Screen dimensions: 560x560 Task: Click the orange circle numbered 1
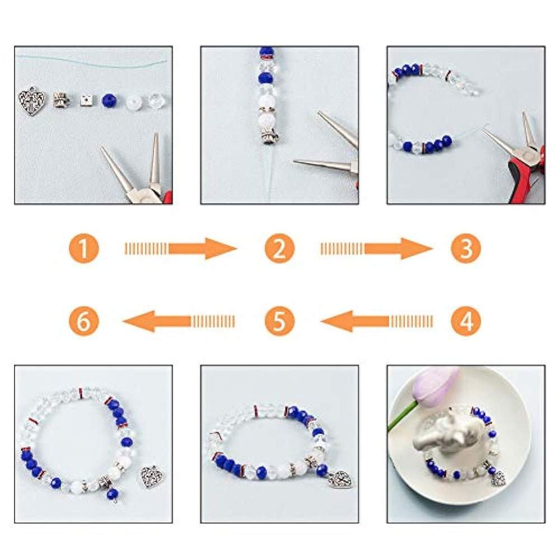click(x=83, y=249)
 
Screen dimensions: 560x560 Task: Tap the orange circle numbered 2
click(x=279, y=249)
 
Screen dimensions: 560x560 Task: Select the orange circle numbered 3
click(x=466, y=249)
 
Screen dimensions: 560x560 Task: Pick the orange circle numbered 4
click(x=466, y=321)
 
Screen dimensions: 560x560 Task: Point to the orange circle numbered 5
click(x=279, y=321)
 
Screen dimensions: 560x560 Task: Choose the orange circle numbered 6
click(x=83, y=321)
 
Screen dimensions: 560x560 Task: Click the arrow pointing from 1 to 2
click(x=180, y=249)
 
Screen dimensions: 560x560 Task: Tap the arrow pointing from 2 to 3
click(x=376, y=249)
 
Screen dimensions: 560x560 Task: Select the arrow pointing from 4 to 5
click(x=376, y=321)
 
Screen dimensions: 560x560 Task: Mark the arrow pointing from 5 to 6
click(x=179, y=321)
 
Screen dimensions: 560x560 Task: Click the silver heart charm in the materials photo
click(x=32, y=101)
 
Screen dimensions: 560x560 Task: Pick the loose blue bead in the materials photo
click(x=109, y=101)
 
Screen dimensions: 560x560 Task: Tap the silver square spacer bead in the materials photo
click(x=86, y=100)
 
